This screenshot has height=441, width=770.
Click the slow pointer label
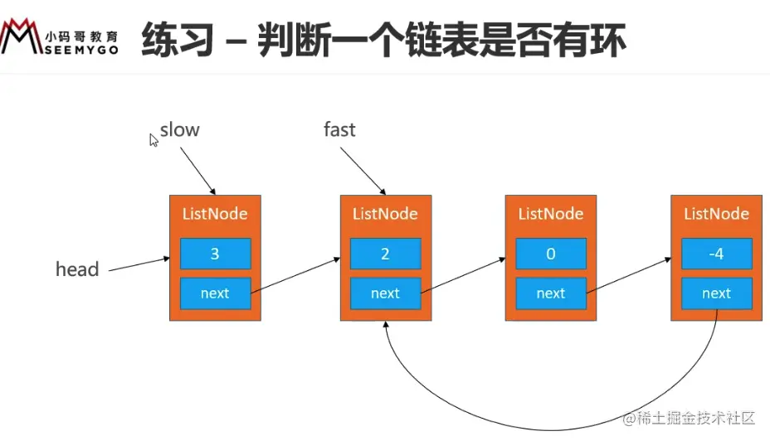point(179,130)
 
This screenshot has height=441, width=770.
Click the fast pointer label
point(339,129)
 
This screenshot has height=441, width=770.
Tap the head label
point(77,269)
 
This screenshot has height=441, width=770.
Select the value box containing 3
point(215,254)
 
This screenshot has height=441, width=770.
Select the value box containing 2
point(385,254)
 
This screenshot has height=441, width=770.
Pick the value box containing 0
point(551,254)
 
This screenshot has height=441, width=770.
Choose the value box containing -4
point(717,254)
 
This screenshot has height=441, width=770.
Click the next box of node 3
point(215,293)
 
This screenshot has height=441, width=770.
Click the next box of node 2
point(385,293)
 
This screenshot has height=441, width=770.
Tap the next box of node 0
point(551,293)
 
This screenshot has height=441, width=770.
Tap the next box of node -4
point(717,293)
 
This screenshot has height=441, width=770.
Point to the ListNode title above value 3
point(215,214)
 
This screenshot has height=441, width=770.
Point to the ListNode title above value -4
point(717,214)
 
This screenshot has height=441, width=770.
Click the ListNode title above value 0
point(551,214)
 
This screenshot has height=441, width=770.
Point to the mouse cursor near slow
point(154,140)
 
